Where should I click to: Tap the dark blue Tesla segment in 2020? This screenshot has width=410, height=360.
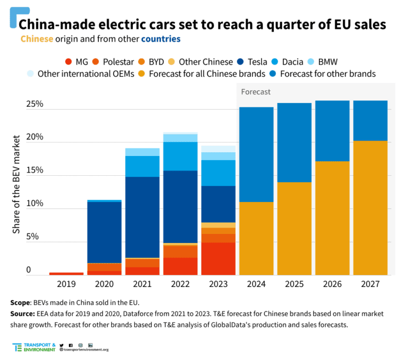pos(104,232)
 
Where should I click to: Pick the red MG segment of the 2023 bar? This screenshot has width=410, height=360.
pos(218,259)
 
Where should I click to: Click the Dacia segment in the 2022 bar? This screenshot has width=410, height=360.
pos(180,156)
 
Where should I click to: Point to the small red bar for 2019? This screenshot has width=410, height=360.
pos(66,273)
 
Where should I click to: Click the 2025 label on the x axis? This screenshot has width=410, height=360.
pos(294,284)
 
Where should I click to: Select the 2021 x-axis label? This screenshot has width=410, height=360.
pos(142,284)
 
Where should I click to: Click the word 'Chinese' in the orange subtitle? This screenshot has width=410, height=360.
pos(37,39)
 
